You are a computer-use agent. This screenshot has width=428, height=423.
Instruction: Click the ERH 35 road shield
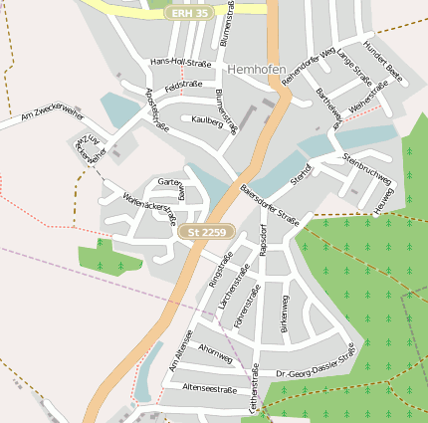[189, 13]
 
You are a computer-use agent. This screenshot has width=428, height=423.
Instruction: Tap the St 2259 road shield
[207, 232]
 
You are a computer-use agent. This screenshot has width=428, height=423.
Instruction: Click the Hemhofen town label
[256, 70]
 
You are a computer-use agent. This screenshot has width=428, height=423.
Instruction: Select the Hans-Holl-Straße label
[180, 63]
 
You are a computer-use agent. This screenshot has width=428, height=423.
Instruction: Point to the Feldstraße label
[184, 87]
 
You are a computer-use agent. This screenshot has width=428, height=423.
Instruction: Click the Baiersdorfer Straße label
[269, 204]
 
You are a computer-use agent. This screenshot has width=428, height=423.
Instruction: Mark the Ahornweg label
[215, 351]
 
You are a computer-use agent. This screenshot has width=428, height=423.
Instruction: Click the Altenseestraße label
[210, 389]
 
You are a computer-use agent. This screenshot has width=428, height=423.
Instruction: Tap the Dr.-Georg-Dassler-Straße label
[315, 362]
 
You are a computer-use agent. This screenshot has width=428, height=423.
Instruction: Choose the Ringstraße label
[220, 270]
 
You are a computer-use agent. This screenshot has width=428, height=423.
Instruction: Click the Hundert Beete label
[383, 62]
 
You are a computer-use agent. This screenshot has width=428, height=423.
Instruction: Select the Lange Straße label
[354, 67]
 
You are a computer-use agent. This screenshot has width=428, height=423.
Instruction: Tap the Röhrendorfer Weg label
[312, 62]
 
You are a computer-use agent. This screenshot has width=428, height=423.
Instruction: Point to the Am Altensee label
[180, 349]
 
